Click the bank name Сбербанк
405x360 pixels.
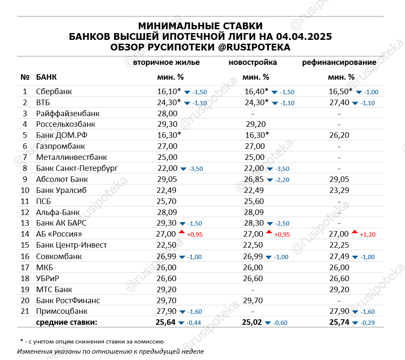tap(54, 92)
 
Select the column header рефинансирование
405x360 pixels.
tap(339, 62)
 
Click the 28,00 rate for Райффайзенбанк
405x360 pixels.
tap(167, 114)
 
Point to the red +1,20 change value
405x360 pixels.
tap(367, 234)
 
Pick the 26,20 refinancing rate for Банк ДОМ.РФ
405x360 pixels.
tap(339, 136)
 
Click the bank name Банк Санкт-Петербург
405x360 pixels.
tap(77, 168)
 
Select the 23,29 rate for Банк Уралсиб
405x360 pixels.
tap(339, 190)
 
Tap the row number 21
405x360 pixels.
tap(25, 312)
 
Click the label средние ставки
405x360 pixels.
tap(67, 323)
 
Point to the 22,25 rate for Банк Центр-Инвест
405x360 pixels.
tap(339, 246)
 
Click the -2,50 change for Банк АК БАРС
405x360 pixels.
tap(280, 223)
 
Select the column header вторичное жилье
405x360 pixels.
tap(166, 62)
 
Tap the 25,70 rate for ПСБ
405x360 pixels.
tap(167, 201)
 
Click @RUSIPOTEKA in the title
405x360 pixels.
tap(254, 47)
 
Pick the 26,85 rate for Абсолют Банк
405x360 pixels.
tap(253, 179)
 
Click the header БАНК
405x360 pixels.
tap(47, 77)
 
